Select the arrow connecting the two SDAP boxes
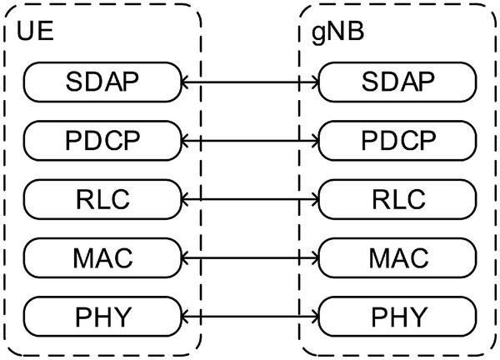(250, 82)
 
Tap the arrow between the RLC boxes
(250, 199)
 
